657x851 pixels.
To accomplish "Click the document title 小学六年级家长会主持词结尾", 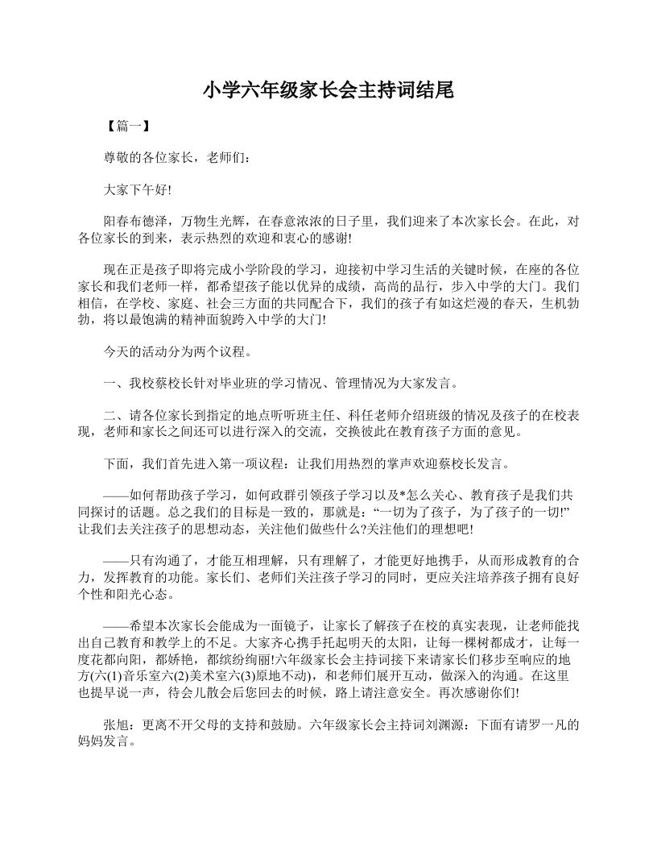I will pyautogui.click(x=328, y=90).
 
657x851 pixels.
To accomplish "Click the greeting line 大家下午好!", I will pyautogui.click(x=138, y=189).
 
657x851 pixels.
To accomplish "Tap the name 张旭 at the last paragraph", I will pyautogui.click(x=116, y=724).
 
